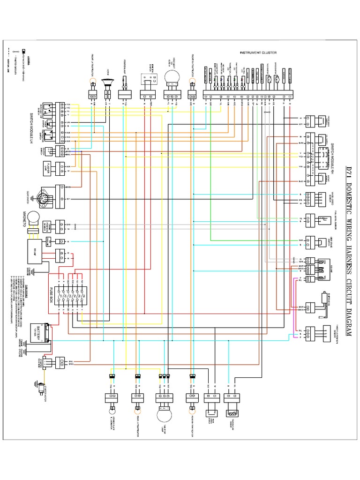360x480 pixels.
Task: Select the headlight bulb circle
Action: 172,77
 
